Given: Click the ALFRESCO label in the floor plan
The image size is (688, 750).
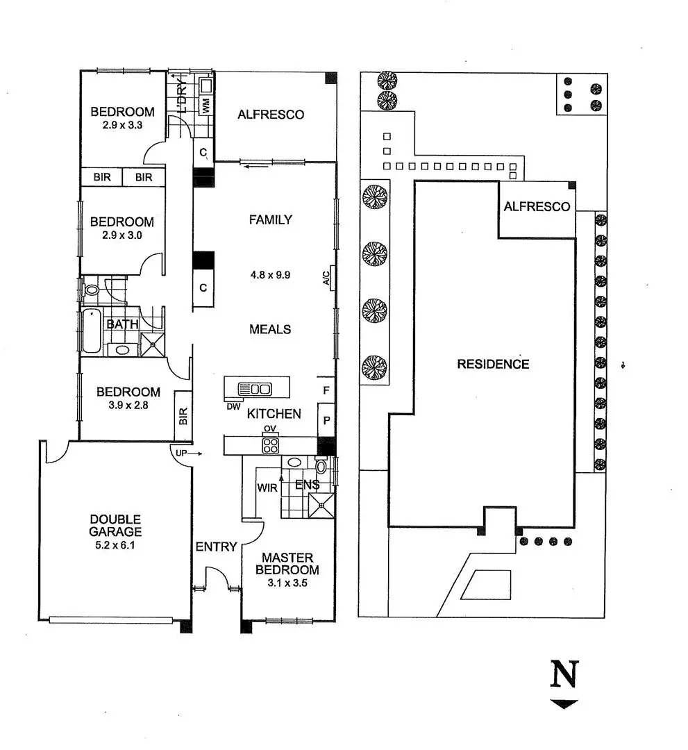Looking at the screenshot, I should (271, 115).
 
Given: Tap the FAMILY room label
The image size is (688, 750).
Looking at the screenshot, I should (271, 220).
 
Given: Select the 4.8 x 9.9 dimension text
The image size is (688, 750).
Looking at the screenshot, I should (269, 274).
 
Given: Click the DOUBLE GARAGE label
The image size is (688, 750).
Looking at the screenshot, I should (115, 526).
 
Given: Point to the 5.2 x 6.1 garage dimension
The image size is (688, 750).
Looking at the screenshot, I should (115, 545).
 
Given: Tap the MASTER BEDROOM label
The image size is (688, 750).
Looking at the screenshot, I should (287, 564).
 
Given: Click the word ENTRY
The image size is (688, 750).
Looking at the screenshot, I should (217, 547).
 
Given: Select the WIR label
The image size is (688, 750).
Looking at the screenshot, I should (267, 488).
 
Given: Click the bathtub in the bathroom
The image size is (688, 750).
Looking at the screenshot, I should (92, 324).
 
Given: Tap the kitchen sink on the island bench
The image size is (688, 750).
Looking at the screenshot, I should (254, 389).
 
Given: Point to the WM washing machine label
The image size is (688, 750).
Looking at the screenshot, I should (205, 106).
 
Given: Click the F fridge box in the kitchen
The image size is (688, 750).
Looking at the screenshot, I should (326, 391).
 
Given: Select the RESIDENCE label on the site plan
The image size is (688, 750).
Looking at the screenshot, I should (493, 364).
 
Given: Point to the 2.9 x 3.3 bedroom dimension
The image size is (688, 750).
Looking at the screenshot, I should (122, 126).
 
